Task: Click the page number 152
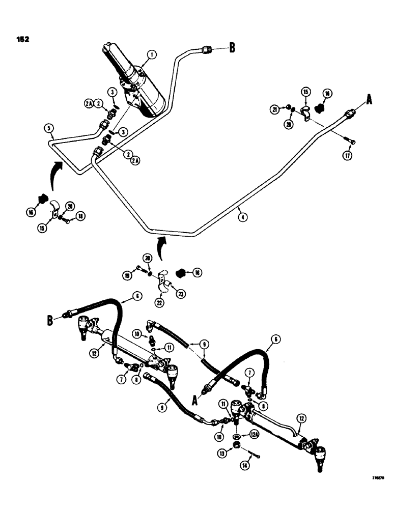[x=21, y=39]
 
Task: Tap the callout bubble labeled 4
[x=243, y=217]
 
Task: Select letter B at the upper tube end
[x=232, y=49]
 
